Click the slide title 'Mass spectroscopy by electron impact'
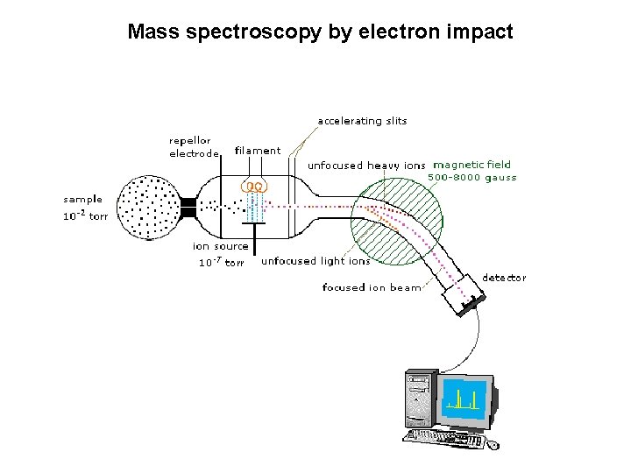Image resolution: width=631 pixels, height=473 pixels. pos(320,32)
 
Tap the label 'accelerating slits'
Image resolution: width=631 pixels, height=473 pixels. pos(362,121)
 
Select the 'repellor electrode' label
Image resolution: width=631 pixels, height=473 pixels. pos(193,147)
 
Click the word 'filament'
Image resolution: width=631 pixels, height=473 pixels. pos(258,151)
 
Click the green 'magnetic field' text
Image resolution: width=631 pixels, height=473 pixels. pos(471,165)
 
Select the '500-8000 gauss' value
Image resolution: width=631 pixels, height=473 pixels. pos(471,178)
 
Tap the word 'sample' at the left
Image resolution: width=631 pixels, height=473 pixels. pos(82,200)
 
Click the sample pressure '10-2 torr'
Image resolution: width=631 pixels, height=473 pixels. pos(85,216)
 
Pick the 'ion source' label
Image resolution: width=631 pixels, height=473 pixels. pos(221,246)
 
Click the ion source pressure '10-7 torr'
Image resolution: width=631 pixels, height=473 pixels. pos(221,262)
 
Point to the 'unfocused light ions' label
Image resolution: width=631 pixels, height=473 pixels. pos(315,261)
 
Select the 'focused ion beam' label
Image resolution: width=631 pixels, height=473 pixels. pos(372,287)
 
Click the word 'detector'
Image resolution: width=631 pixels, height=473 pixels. pos(505,278)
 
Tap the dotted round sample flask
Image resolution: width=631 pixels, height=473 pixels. pos(147,207)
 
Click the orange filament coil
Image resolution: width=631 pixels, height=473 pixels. pos(255,187)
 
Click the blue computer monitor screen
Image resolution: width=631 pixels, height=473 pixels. pos(464,397)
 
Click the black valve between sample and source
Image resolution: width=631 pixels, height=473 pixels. pos(188,208)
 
